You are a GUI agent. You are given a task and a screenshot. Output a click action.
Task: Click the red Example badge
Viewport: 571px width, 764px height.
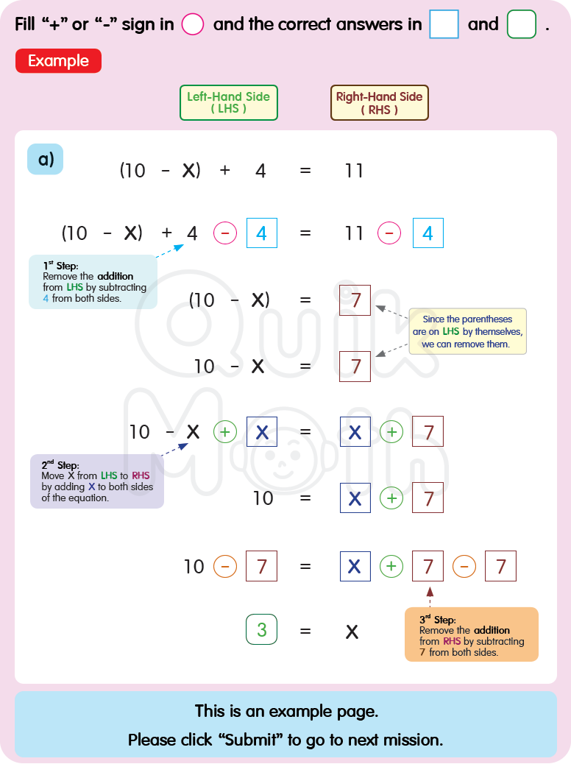point(58,61)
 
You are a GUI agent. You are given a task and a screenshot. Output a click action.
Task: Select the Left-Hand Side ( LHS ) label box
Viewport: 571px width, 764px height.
point(228,102)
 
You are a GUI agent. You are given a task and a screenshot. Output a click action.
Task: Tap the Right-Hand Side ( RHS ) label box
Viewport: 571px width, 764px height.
point(379,102)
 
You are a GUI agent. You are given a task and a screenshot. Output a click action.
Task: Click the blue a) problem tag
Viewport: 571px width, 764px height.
point(46,159)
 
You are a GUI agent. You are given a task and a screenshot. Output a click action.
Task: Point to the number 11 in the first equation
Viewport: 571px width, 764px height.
point(354,171)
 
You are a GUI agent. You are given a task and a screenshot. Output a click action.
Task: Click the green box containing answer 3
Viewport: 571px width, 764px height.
point(261,630)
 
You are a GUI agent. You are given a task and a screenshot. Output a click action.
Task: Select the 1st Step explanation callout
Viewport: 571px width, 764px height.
point(93,281)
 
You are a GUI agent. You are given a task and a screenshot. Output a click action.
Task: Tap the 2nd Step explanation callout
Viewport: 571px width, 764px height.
point(96,481)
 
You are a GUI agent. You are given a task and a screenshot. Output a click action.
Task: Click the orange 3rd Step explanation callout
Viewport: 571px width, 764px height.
point(471,634)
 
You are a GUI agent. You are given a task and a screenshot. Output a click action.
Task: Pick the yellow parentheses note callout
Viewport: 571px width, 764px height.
point(467,331)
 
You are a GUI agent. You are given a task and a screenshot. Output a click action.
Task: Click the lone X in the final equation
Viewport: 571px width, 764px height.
point(352,632)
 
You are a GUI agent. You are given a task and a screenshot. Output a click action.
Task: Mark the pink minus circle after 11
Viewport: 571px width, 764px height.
point(389,234)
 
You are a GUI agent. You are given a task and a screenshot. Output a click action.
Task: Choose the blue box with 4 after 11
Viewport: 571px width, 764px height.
point(428,234)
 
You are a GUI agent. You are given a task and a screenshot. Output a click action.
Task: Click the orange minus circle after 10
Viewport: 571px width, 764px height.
point(225,567)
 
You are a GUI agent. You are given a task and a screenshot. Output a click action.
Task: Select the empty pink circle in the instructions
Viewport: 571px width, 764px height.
point(192,24)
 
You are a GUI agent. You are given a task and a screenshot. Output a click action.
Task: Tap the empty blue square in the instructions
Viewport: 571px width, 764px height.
point(444,24)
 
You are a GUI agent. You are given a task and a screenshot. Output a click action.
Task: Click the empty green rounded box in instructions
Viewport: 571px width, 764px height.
point(522,24)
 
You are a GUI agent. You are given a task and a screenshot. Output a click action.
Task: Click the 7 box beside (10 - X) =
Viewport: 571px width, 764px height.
point(355,300)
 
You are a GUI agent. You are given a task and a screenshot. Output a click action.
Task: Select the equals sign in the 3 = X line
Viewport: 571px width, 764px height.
point(305,632)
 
